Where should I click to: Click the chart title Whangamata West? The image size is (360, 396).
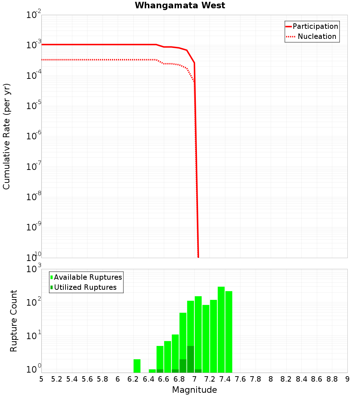pos(180,6)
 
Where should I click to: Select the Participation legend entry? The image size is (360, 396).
pos(315,26)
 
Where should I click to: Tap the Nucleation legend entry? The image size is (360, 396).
pos(316,36)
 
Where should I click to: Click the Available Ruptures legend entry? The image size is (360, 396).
pos(88,277)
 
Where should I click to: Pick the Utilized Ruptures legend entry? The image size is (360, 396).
pos(85,287)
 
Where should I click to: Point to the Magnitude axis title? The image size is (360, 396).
pos(194,390)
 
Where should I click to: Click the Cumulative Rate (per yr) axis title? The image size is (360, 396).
pos(6,136)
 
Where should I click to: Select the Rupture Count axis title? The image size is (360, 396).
pos(14,321)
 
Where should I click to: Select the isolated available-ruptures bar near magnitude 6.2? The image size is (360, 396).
pos(137,366)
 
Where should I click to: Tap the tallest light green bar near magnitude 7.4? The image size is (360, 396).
pos(221,329)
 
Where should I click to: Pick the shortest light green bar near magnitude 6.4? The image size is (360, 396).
pos(152,371)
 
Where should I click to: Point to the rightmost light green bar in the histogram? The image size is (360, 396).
pos(229,332)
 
